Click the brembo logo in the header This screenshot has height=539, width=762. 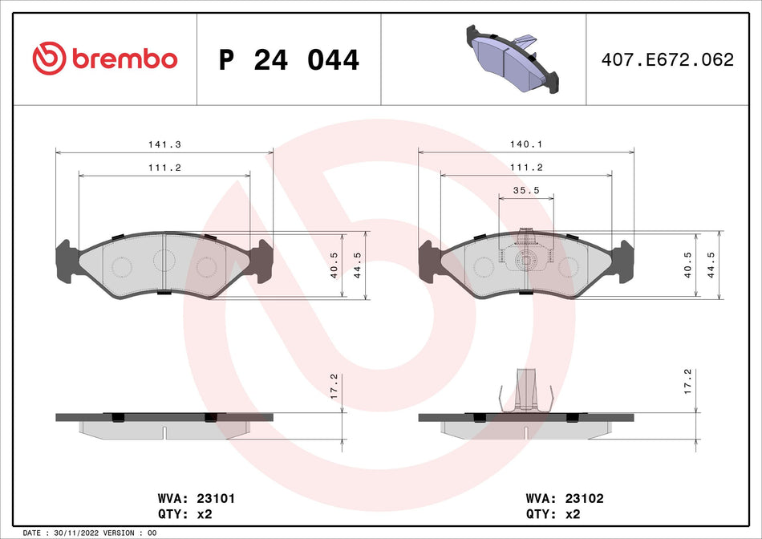point(104,59)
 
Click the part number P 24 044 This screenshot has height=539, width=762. point(289,60)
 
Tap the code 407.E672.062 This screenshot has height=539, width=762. point(667,60)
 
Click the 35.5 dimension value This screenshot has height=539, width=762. point(526,191)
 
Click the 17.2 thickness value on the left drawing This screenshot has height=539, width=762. point(334,382)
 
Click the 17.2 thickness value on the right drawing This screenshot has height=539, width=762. point(687,382)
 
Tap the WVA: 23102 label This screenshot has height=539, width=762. point(564,498)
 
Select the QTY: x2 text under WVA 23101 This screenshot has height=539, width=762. point(185,514)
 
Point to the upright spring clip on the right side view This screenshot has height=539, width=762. point(526,389)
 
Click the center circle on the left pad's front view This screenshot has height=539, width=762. point(164,260)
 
